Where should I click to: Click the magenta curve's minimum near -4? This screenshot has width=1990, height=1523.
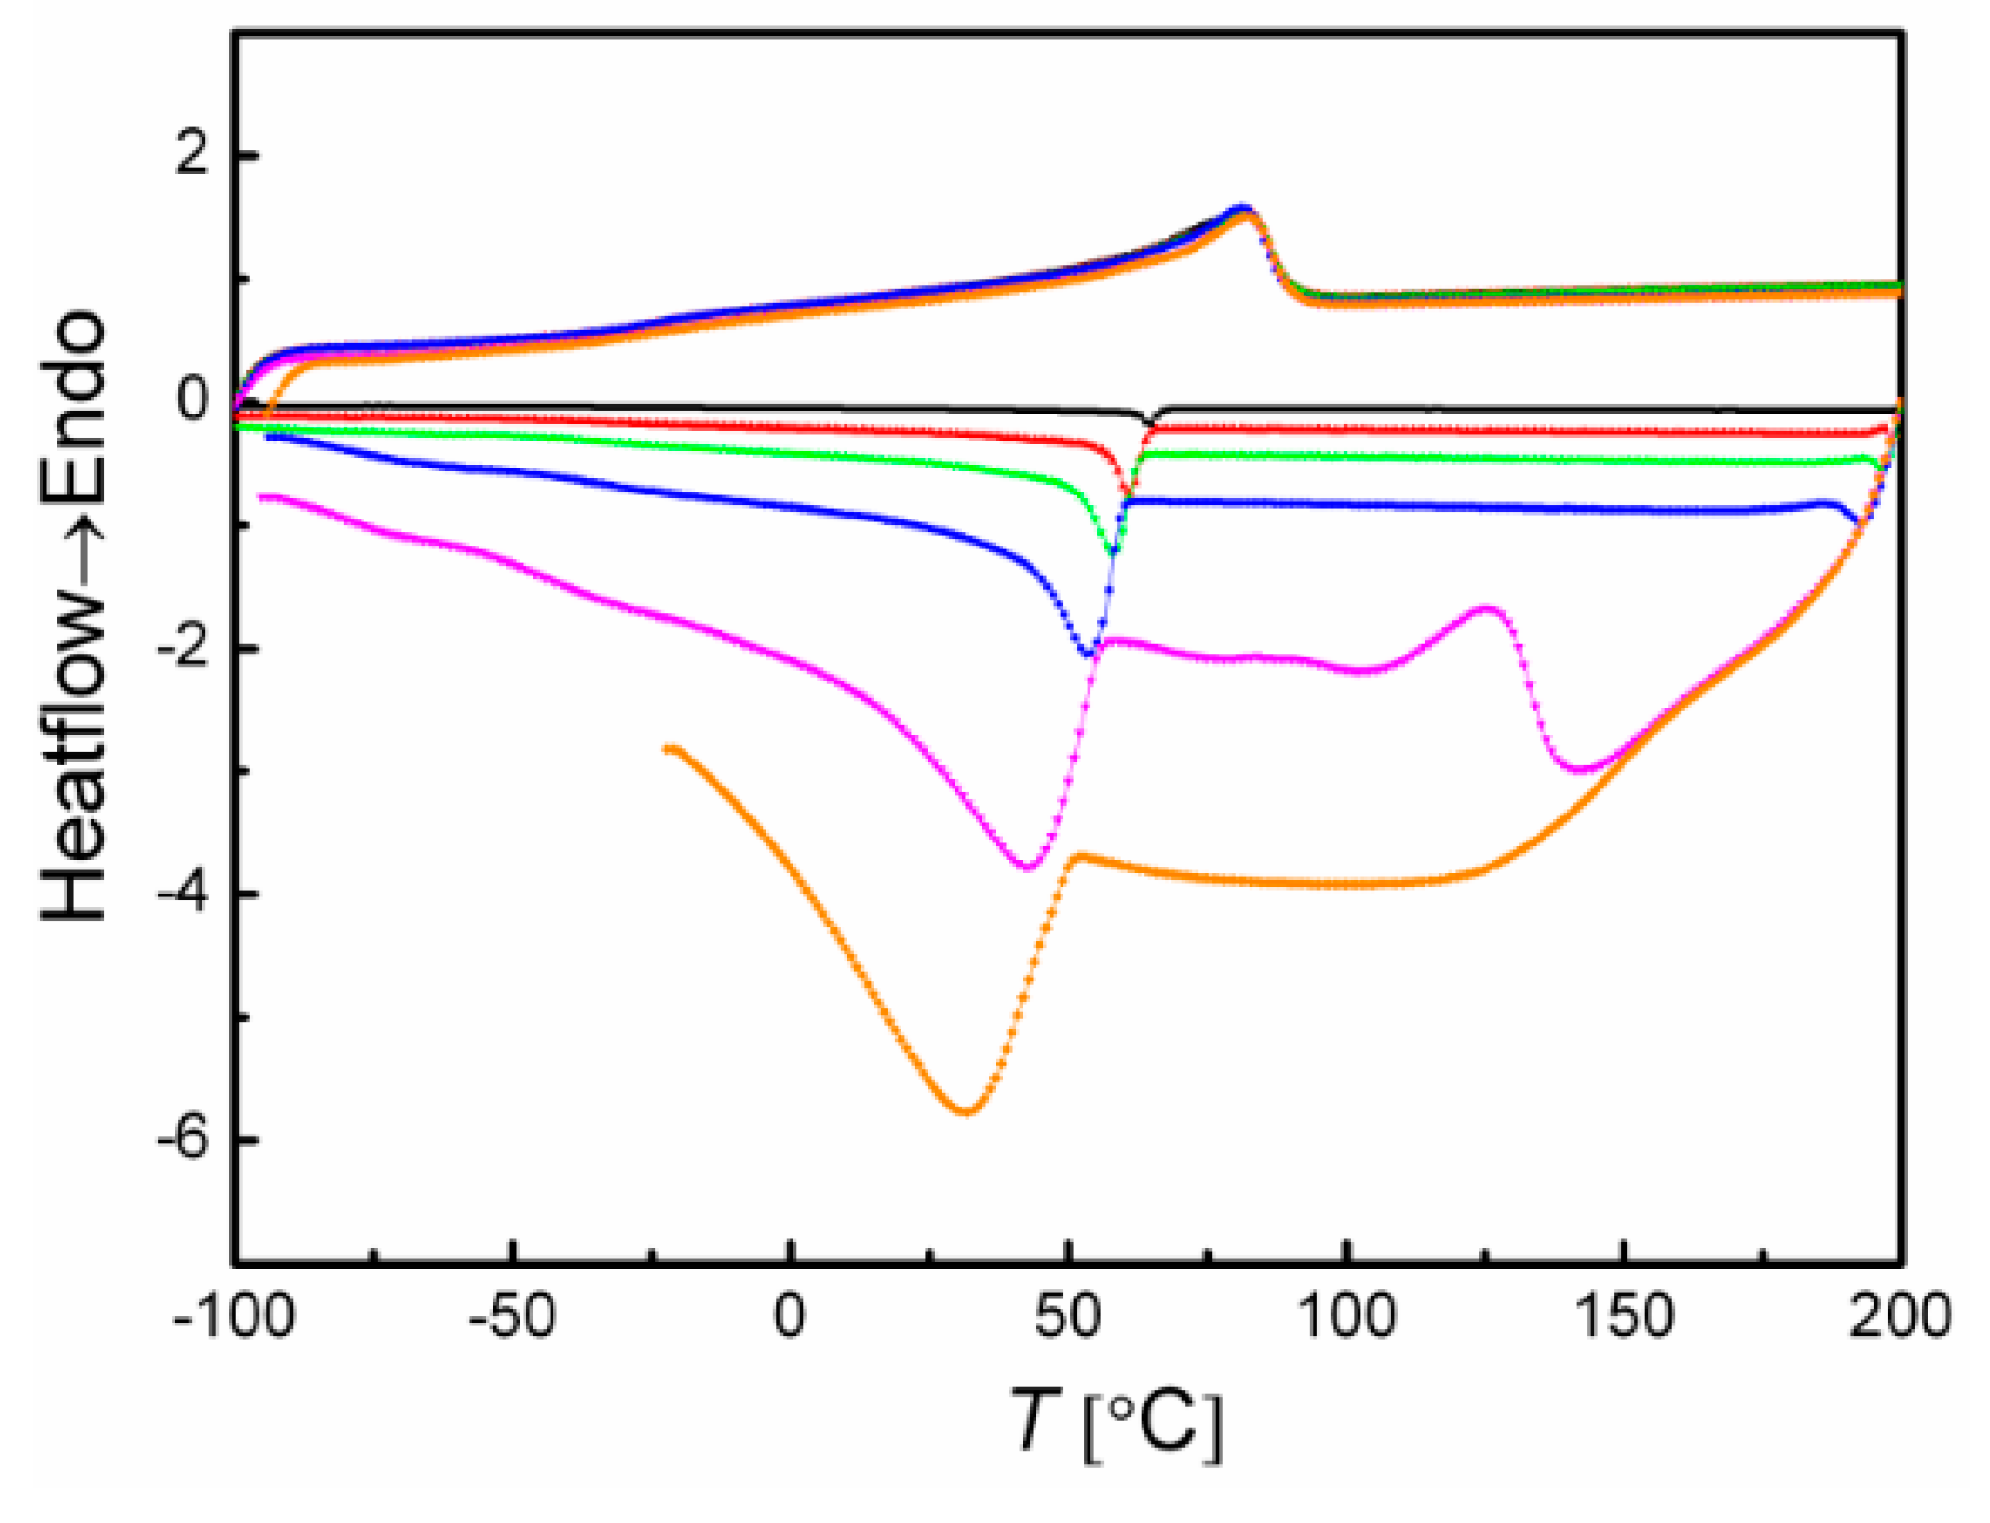point(1028,868)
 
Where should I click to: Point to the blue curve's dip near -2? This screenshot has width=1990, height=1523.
point(1088,655)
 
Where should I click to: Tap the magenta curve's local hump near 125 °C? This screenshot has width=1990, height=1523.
point(1488,609)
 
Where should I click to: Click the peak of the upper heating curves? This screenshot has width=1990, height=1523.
point(1244,209)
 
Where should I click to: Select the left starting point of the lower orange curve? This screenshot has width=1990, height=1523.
point(667,748)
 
